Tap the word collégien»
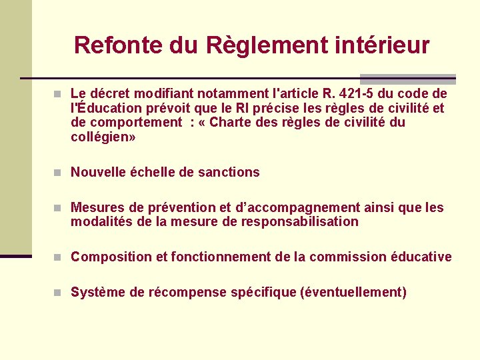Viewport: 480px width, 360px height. click(103, 137)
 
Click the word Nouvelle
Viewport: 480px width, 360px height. click(99, 172)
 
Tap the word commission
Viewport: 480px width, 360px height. click(339, 257)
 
